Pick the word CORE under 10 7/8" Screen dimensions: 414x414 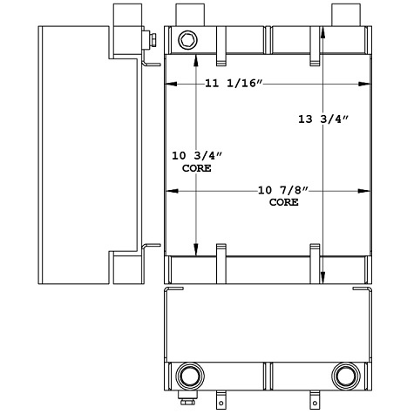tap(283, 202)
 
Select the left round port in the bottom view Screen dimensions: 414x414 tap(187, 377)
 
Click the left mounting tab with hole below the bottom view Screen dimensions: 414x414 tap(222, 402)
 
